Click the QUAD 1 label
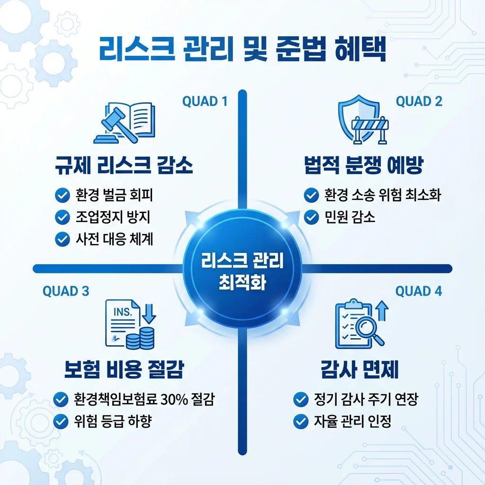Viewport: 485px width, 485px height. pos(205,101)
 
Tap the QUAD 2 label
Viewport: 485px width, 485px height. pos(419,101)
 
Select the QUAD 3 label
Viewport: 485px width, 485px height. pos(66,291)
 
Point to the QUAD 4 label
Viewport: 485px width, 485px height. pos(419,291)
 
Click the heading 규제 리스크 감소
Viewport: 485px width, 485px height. pos(125,166)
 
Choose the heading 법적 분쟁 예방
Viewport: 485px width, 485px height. pos(363,166)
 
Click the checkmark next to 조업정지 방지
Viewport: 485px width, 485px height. pos(62,217)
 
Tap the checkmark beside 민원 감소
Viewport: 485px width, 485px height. pos(311,217)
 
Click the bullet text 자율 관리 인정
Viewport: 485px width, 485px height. pos(353,421)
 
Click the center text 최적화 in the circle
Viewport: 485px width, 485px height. pos(242,283)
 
